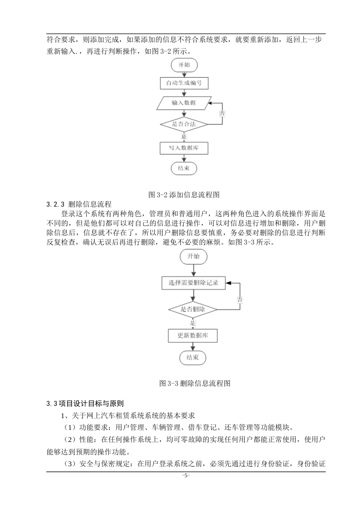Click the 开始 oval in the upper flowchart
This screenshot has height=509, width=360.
184,65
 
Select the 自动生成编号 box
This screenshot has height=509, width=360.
184,83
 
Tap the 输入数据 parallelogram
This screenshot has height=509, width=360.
184,103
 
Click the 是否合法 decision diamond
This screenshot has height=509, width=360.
184,124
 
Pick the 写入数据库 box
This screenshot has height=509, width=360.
184,148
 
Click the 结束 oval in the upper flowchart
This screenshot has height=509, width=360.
184,168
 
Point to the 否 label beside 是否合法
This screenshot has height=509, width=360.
222,113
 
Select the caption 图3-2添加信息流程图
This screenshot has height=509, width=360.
184,195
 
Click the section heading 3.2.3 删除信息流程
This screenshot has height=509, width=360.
79,205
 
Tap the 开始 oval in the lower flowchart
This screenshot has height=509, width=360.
193,256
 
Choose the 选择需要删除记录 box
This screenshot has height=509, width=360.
193,283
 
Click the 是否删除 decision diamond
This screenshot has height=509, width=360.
193,309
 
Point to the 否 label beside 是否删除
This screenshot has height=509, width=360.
240,300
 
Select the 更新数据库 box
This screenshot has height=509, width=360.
193,336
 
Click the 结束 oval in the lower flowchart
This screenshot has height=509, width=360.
193,358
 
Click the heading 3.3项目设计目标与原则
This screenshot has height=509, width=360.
85,404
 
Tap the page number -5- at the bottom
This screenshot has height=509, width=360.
186,476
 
